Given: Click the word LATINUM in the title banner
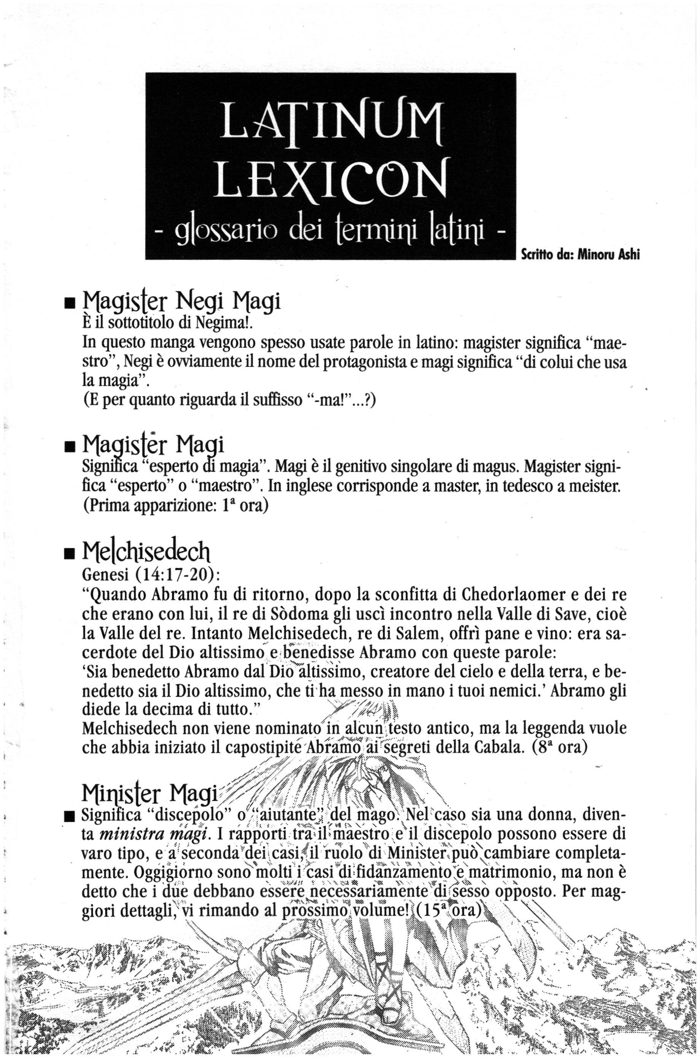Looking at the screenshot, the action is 331,120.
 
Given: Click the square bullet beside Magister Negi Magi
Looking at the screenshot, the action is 70,304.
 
